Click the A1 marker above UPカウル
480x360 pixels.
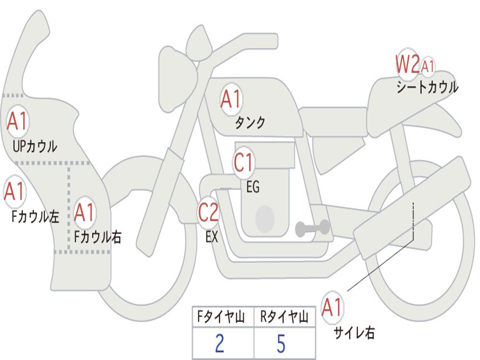(17, 121)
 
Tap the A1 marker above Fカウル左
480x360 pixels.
(15, 191)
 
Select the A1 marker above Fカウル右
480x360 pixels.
(84, 212)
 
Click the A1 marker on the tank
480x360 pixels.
(231, 99)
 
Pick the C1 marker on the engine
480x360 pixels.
(243, 162)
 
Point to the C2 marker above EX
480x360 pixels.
(208, 212)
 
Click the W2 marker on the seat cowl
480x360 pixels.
(407, 64)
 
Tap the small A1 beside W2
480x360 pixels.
(427, 66)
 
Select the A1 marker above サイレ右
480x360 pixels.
(332, 307)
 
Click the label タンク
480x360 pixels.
(250, 123)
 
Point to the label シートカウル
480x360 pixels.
(427, 87)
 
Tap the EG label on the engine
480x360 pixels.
(253, 187)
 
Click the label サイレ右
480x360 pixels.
(354, 333)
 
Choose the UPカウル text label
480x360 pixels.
(35, 146)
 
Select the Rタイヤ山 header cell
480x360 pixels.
(285, 317)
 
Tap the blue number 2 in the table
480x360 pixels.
(219, 343)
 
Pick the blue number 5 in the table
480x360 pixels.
(281, 344)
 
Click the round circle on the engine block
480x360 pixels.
(265, 218)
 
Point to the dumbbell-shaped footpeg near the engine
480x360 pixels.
(312, 228)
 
